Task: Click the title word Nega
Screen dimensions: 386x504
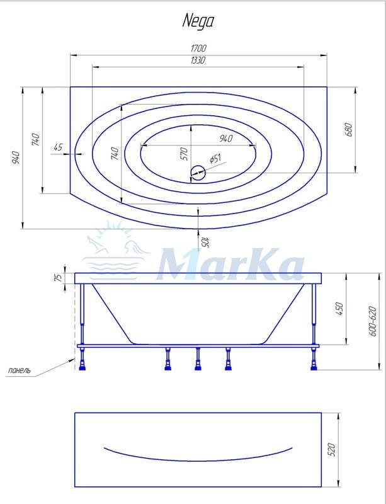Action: (x=198, y=21)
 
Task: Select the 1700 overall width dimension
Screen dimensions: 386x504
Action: (x=198, y=49)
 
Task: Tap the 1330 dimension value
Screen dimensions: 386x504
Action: (x=198, y=60)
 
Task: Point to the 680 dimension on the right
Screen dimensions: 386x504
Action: (x=349, y=130)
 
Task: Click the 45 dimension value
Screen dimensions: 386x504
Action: (x=58, y=147)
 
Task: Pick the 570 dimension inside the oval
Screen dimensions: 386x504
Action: (x=183, y=154)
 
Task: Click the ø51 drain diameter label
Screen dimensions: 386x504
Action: (x=215, y=159)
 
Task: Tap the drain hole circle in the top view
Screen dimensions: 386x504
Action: (x=198, y=173)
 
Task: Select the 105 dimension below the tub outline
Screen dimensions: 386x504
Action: (x=205, y=243)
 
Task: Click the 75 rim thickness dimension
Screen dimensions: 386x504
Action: (x=57, y=278)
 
